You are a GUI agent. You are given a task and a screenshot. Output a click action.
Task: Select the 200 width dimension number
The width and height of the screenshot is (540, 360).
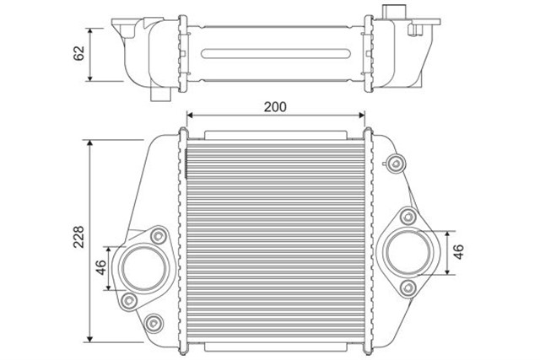pos(275,106)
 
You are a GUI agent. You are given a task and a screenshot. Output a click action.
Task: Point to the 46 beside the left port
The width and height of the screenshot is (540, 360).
pos(100,269)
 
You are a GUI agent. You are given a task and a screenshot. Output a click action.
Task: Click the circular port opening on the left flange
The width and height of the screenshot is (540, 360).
pos(138,268)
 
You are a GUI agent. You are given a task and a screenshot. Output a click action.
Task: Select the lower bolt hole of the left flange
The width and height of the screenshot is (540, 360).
pos(127,300)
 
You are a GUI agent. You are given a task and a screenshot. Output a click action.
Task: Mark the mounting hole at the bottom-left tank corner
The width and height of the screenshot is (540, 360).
pos(153,323)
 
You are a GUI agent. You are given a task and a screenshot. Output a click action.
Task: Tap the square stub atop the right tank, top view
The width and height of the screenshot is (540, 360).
pos(390,11)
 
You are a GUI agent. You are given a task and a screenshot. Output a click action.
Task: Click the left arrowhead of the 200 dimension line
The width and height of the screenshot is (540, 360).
pos(189,114)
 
